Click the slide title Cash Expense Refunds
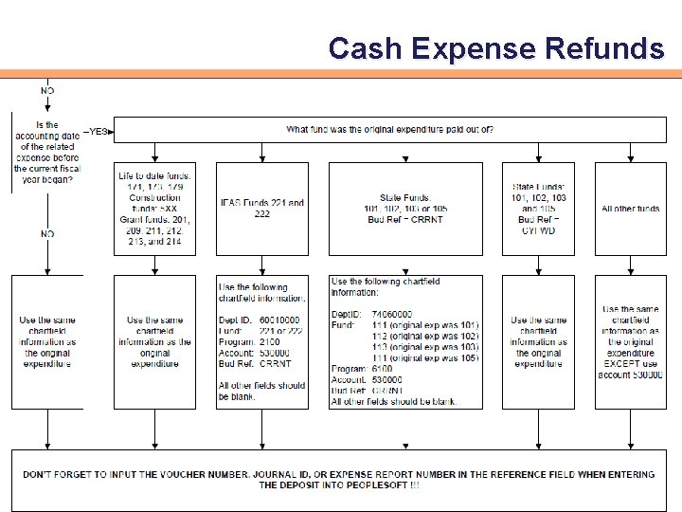495,47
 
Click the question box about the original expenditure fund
389,130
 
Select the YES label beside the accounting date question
98,132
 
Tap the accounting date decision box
46,152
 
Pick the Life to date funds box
154,209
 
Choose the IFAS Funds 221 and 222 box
262,209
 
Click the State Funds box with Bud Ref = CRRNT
404,209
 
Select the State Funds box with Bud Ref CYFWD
538,209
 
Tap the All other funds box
630,209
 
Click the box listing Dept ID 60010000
262,341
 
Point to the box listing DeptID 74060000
404,341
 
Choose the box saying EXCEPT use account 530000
630,341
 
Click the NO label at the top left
47,91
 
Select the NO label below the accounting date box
47,233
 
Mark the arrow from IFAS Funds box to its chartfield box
262,265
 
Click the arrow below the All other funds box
630,265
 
